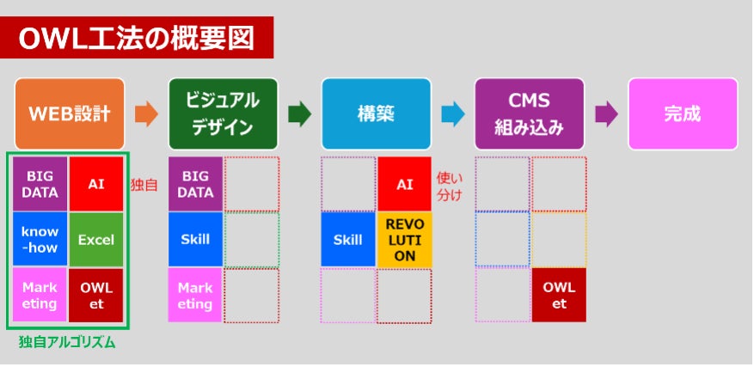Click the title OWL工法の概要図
[x=138, y=38]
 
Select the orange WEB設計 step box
[x=70, y=113]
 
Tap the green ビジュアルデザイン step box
[x=223, y=113]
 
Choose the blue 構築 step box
[x=376, y=113]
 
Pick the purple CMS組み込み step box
[x=529, y=113]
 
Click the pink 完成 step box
[x=682, y=113]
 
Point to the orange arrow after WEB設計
[x=147, y=113]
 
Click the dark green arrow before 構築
[x=300, y=113]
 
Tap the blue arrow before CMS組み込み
[x=453, y=113]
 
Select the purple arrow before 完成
[x=606, y=113]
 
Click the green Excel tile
[x=96, y=240]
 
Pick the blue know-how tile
[x=40, y=240]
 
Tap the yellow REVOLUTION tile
[x=404, y=240]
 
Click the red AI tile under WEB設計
[x=96, y=184]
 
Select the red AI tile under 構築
[x=404, y=184]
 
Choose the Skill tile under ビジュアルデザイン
[x=195, y=240]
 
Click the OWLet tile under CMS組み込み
[x=559, y=295]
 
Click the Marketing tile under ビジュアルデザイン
[x=195, y=295]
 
